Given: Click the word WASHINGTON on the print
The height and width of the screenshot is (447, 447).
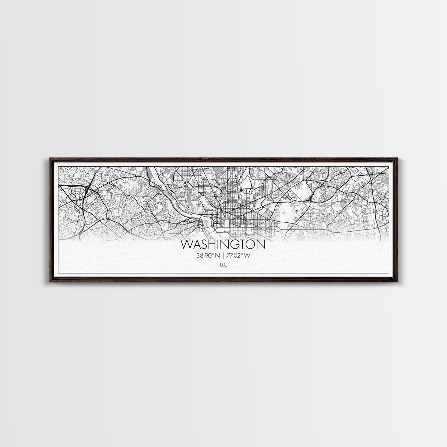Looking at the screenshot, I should [223, 245].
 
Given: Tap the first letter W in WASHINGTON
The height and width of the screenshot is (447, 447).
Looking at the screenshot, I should [186, 245].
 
